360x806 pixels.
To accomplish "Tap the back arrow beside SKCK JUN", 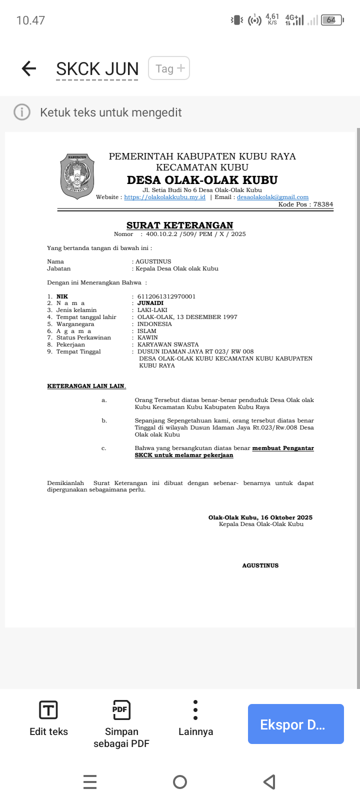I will [x=29, y=68].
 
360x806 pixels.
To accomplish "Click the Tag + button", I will [x=169, y=68].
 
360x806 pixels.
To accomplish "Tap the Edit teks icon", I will [x=48, y=710].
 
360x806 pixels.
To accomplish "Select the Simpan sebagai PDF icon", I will [x=121, y=710].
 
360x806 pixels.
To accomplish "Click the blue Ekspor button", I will [x=295, y=724].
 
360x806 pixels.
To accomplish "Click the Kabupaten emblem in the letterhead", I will [x=77, y=176].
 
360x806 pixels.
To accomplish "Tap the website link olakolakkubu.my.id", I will [x=164, y=197].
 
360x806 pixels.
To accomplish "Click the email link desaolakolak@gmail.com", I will [x=272, y=197].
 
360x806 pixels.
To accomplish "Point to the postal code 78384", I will [x=323, y=204].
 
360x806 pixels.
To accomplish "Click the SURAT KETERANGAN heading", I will [x=179, y=225].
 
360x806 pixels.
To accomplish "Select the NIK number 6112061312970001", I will [x=166, y=296].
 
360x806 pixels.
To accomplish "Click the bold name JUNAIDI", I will [x=150, y=303].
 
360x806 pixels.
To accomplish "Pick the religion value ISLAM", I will [x=147, y=331].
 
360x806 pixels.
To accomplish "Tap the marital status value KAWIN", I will [x=147, y=337].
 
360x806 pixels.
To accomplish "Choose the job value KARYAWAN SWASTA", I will [x=168, y=344].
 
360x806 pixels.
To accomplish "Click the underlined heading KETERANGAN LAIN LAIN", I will [x=86, y=386].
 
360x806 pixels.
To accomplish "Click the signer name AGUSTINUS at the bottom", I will [x=260, y=565].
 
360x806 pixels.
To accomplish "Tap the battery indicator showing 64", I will [x=331, y=20].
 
